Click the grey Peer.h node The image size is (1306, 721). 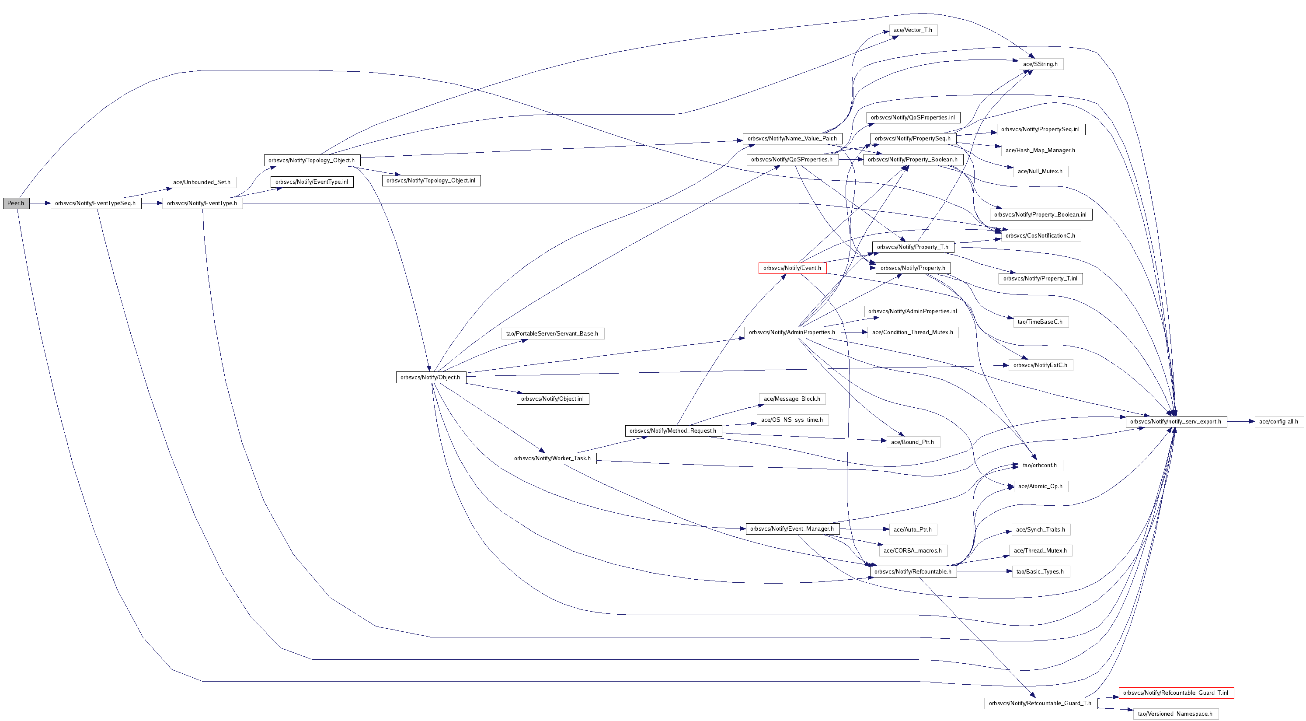coord(16,203)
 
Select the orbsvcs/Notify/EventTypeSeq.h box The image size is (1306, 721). coord(96,203)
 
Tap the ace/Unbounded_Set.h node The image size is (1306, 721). coord(202,182)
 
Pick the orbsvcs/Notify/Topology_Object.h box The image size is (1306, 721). coord(312,160)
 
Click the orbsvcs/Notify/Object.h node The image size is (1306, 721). coord(430,378)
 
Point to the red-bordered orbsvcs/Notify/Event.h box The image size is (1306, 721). coord(792,268)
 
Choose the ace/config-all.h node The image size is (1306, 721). coord(1278,422)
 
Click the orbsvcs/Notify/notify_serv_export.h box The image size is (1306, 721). coord(1176,422)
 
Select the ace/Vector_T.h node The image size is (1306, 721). coord(913,30)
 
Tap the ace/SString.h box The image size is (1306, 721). coord(1040,64)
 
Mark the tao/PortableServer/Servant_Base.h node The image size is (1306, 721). coord(552,334)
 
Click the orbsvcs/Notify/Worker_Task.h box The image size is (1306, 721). coord(553,458)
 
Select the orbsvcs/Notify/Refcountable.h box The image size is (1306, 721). coord(913,572)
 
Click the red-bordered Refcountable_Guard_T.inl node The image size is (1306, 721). coord(1176,693)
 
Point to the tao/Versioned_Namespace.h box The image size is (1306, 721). coord(1175,714)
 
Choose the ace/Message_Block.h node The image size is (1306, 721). coord(792,399)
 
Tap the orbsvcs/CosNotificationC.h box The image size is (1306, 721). coord(1040,235)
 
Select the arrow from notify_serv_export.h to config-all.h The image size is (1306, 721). coord(1240,422)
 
